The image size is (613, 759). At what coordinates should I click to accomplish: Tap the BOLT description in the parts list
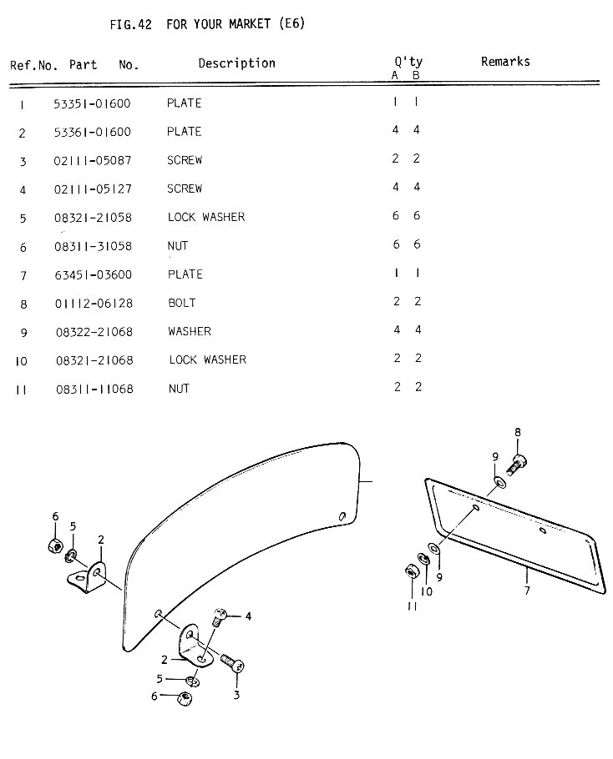pyautogui.click(x=181, y=303)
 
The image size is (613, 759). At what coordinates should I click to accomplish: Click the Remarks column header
pyautogui.click(x=505, y=62)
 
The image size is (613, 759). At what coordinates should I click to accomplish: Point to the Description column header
pyautogui.click(x=236, y=63)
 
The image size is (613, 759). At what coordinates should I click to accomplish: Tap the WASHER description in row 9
pyautogui.click(x=189, y=331)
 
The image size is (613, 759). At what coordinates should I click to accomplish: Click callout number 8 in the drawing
pyautogui.click(x=518, y=432)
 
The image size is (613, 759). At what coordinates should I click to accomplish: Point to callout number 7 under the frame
pyautogui.click(x=527, y=591)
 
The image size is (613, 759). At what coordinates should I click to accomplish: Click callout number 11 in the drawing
pyautogui.click(x=412, y=607)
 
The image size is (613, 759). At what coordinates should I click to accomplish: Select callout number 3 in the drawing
pyautogui.click(x=236, y=693)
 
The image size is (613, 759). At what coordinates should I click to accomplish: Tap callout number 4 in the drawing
pyautogui.click(x=248, y=616)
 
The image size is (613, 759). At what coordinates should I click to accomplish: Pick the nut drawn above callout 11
pyautogui.click(x=410, y=571)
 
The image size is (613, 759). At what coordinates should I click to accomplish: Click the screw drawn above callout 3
pyautogui.click(x=233, y=665)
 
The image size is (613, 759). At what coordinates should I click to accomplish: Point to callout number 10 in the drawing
pyautogui.click(x=426, y=592)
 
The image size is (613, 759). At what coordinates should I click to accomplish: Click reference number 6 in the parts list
pyautogui.click(x=23, y=247)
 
